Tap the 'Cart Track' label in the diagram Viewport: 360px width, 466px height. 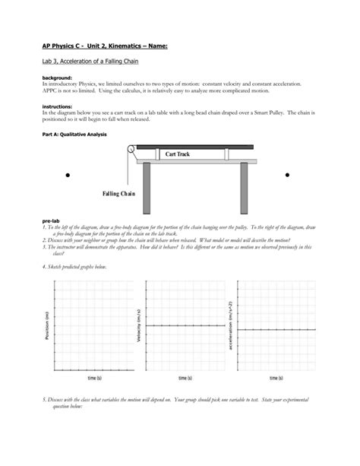pos(177,155)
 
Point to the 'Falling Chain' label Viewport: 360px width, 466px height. pos(118,195)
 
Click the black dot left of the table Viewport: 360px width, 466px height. pos(68,176)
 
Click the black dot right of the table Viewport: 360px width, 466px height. pos(287,176)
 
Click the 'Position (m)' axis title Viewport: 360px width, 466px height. pos(47,325)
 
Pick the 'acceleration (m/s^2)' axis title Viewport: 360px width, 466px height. pos(231,325)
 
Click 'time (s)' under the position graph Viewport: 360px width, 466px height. pos(94,378)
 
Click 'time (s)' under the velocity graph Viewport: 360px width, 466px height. pos(185,378)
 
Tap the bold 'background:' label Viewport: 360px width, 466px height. pos(57,78)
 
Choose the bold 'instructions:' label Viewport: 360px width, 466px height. pos(58,106)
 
